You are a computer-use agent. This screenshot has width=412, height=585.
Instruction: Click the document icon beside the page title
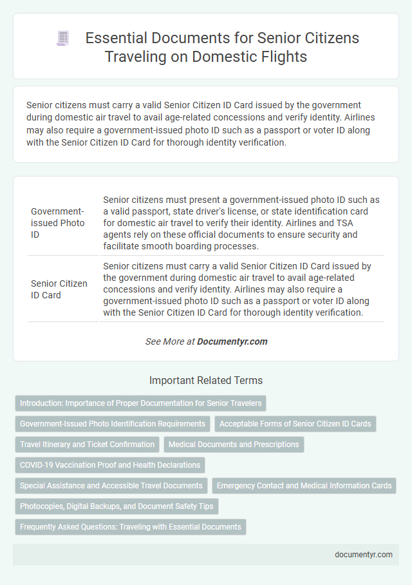[62, 39]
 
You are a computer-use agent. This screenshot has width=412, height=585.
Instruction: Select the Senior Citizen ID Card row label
[59, 289]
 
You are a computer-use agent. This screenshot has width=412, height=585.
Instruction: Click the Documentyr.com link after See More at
[233, 341]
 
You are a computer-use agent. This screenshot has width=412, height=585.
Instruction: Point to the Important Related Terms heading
[205, 380]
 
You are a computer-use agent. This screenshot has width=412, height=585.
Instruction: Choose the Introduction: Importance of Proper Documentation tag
[140, 403]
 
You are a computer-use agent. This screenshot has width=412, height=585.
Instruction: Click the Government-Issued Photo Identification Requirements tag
[113, 424]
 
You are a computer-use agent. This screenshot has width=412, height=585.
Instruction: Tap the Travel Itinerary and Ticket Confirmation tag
[87, 445]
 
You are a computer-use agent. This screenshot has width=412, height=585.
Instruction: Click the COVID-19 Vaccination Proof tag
[109, 465]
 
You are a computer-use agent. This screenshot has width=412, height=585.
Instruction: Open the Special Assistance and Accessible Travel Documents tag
[110, 486]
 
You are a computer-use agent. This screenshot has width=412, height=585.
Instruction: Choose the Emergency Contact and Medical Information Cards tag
[304, 486]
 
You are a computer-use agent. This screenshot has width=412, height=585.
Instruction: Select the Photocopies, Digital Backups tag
[117, 506]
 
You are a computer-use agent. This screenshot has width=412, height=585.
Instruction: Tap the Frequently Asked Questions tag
[130, 527]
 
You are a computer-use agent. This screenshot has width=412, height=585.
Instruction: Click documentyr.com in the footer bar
[364, 554]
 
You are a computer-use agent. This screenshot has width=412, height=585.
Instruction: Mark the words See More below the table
[165, 341]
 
